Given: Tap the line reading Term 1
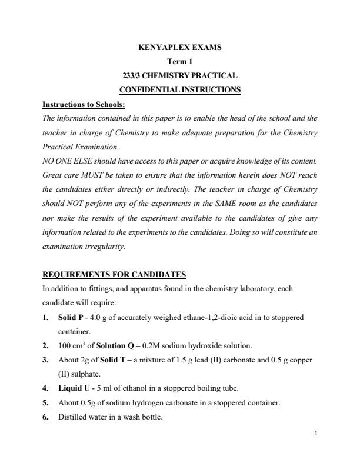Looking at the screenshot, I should click(179, 61).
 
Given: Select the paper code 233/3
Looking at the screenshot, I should click(130, 75).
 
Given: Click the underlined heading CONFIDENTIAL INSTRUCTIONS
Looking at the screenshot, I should click(179, 90).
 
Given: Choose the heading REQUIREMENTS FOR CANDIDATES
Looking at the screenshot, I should click(114, 274).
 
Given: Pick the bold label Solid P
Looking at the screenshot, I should click(71, 318).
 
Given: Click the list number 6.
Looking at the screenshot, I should click(45, 417).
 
